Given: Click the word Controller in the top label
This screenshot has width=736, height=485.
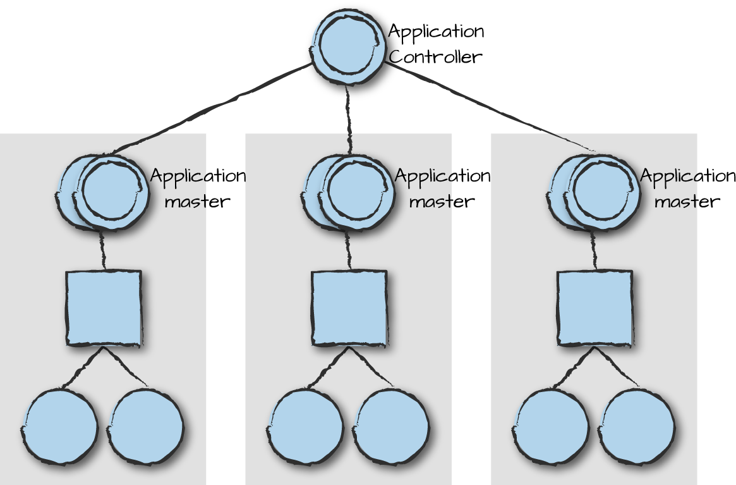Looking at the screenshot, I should click(x=435, y=57).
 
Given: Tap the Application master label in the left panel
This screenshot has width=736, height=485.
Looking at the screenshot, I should click(x=198, y=188).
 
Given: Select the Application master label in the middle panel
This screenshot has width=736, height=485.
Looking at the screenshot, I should click(x=442, y=188).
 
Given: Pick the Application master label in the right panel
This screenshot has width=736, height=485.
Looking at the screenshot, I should click(x=688, y=188).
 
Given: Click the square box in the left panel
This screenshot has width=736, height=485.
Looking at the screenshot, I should click(x=104, y=308).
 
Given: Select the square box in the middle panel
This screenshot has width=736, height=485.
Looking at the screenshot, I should click(x=349, y=308).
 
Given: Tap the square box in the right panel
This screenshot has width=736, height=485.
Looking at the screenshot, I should click(x=594, y=308).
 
